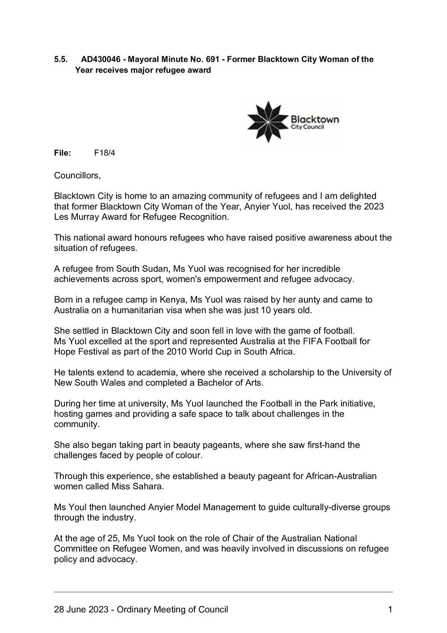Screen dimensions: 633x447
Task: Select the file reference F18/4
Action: tap(105, 153)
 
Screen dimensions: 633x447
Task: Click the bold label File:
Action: tap(63, 153)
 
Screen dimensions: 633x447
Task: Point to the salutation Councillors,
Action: tap(77, 175)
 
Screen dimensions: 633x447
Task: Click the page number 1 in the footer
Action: tap(390, 609)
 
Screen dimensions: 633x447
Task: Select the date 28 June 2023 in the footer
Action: tap(81, 609)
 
